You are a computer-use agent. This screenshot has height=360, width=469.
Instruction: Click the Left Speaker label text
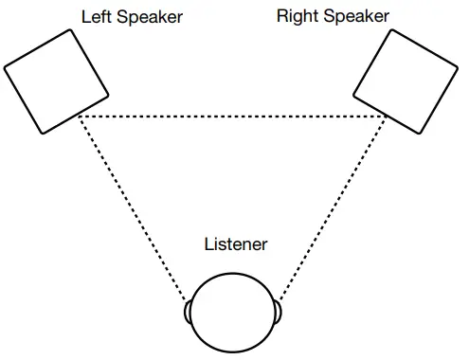[x=132, y=17]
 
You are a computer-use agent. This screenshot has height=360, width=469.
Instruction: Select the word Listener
[x=236, y=244]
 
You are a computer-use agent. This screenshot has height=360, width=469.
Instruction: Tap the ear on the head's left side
[x=189, y=313]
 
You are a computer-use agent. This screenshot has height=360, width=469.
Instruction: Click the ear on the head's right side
[x=279, y=312]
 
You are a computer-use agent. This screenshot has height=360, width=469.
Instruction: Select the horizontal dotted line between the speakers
[x=232, y=116]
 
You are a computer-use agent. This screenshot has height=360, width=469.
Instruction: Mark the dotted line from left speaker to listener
[x=133, y=210]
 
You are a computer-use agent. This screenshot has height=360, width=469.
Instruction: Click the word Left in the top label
[x=95, y=17]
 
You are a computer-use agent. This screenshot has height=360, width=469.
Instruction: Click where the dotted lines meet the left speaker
[x=79, y=116]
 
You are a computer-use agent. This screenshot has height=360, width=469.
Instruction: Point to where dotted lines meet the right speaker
[x=387, y=116]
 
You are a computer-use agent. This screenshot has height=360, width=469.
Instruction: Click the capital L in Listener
[x=209, y=244]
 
